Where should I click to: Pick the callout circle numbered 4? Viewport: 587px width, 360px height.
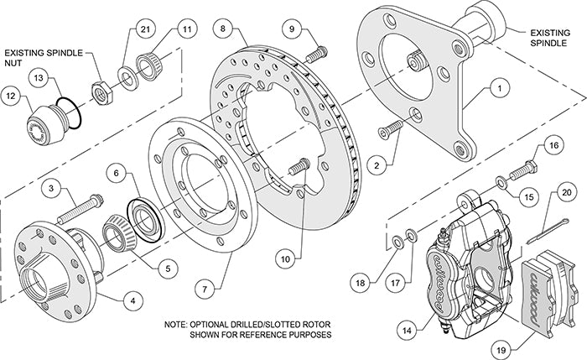coord(131,296)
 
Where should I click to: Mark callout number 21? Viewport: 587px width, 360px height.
coord(145,31)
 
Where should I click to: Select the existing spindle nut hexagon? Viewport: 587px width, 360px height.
coord(100,86)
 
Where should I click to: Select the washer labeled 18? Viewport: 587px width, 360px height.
coord(392,243)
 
